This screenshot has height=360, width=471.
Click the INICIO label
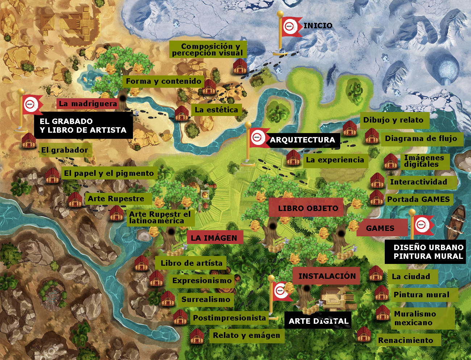(318, 26)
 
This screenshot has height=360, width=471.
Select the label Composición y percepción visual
(208, 50)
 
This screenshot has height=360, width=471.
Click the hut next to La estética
(182, 113)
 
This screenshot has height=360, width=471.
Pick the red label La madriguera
(88, 104)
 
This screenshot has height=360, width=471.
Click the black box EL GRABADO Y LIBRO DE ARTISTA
(83, 126)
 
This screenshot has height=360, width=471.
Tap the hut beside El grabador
(28, 141)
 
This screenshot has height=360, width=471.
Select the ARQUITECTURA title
(302, 140)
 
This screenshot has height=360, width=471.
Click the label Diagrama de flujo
(421, 138)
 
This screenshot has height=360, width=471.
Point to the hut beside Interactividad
(377, 181)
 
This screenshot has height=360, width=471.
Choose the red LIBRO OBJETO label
(308, 208)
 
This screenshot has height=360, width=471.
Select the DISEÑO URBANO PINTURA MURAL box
(428, 252)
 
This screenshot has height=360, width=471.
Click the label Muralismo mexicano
(415, 318)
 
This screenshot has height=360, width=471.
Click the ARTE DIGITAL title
(318, 321)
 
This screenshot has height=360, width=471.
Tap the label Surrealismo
(205, 299)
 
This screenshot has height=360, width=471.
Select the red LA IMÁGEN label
(214, 238)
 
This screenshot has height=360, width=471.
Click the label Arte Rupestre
(116, 199)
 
